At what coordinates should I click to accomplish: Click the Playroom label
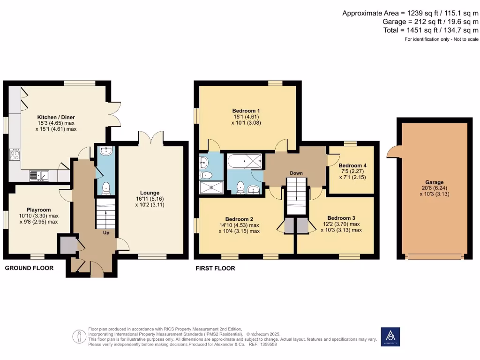pos(38,210)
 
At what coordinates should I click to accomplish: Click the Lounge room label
pos(150,192)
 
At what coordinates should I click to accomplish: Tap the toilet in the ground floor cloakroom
pos(106,187)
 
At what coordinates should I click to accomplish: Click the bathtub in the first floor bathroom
pos(243,162)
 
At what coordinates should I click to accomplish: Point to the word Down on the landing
pos(296,173)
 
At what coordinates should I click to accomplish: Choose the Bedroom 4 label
pos(352,165)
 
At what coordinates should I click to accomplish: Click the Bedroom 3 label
pos(341,218)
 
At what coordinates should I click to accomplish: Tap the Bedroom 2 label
pos(239,219)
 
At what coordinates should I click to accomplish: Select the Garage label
pos(435,182)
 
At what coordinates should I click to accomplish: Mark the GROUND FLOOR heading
pos(29,268)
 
